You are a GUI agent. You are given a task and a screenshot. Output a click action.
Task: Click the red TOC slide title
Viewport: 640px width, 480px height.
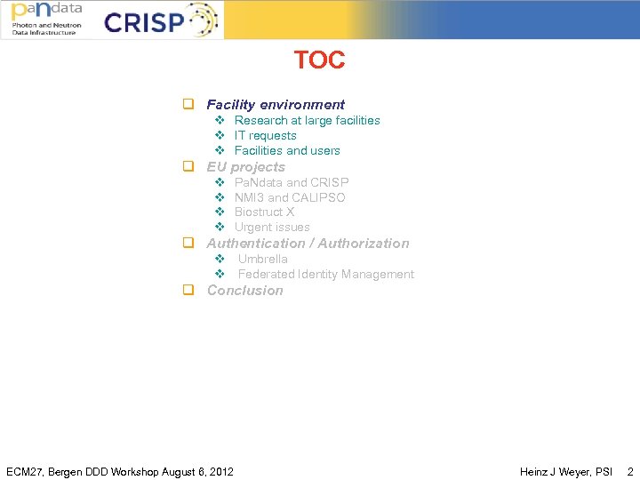319,60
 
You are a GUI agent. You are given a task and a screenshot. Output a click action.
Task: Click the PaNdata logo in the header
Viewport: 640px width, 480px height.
47,19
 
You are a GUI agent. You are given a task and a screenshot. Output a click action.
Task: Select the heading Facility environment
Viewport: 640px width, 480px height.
276,105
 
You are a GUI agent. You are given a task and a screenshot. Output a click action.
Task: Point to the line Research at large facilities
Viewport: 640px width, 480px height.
307,121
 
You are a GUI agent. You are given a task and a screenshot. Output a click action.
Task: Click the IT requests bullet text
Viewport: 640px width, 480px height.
265,136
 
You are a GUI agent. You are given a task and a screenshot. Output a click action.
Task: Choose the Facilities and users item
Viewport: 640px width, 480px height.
287,151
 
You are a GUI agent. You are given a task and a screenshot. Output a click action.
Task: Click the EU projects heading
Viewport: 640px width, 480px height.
246,167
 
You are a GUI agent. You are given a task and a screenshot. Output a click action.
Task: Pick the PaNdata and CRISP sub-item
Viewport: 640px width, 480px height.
292,182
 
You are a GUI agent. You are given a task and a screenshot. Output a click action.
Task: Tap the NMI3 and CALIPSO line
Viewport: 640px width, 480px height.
290,197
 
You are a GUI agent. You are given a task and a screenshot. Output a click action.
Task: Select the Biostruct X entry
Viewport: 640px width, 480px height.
264,212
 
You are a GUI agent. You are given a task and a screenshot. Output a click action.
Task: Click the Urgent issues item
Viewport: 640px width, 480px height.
272,228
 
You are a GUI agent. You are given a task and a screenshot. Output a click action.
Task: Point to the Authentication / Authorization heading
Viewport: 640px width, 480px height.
308,244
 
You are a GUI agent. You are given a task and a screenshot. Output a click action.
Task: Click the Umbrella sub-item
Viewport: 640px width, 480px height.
262,260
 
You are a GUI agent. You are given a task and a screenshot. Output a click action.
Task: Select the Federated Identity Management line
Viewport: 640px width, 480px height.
325,275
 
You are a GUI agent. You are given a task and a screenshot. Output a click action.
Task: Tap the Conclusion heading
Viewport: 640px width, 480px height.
244,291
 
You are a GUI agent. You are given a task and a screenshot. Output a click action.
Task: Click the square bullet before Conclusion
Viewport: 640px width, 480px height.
188,291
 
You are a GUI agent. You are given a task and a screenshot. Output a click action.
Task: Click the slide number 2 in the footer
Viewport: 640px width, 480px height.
630,471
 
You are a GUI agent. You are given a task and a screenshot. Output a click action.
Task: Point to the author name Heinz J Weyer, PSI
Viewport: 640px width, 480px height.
566,471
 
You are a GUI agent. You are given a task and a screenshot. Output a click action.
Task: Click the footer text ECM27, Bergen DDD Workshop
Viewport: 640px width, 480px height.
120,471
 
